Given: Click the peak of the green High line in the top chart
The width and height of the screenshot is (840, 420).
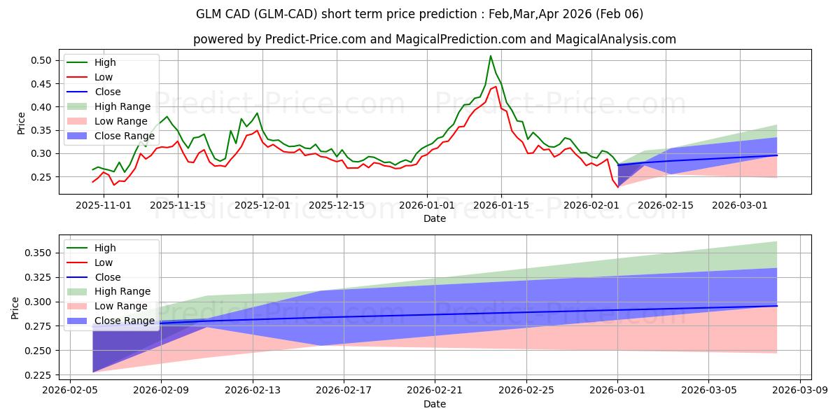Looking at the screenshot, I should click(491, 56).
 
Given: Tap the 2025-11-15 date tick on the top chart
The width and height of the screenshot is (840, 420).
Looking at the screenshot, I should click(177, 205).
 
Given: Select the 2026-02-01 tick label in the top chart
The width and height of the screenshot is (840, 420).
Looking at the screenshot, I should click(591, 205).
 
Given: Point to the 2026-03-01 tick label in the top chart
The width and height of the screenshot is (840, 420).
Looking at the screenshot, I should click(740, 205).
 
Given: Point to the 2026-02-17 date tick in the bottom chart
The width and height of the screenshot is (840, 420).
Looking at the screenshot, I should click(344, 391).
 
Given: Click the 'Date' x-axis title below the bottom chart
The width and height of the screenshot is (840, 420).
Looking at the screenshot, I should click(435, 404).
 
